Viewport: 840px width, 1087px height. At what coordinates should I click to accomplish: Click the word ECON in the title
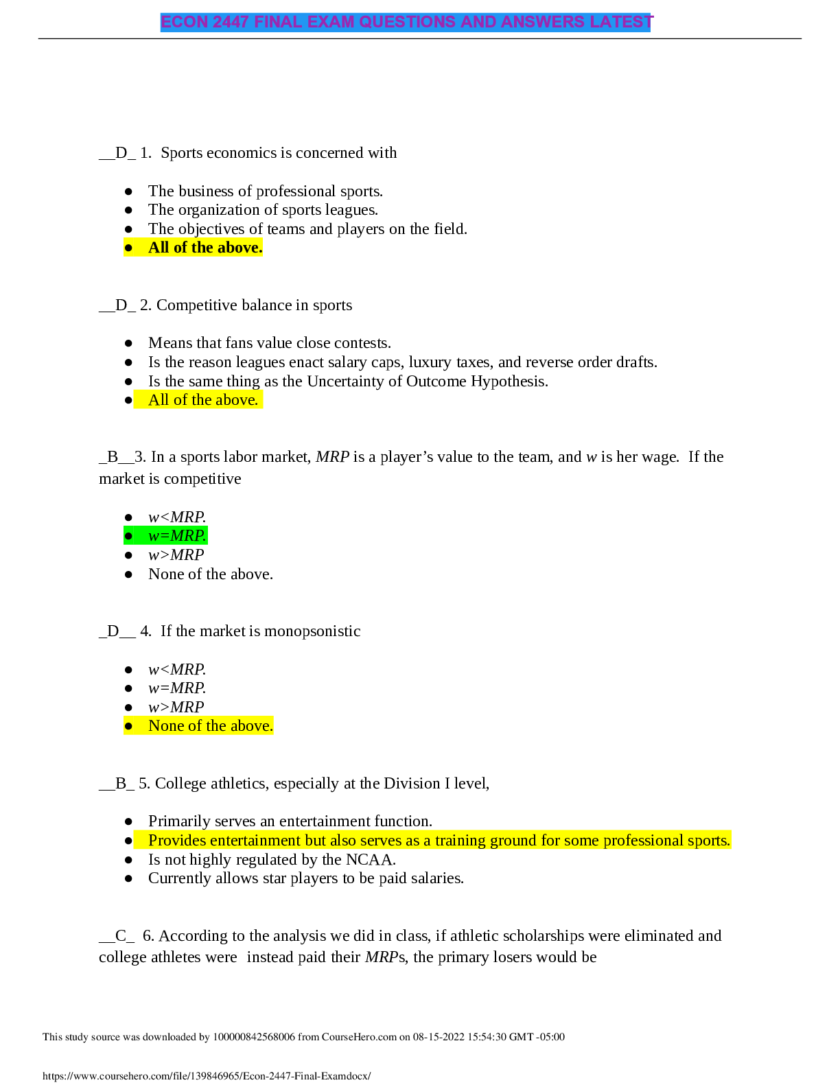[184, 22]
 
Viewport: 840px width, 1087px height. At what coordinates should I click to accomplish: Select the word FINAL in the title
[278, 22]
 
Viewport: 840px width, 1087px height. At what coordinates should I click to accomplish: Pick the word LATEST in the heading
[621, 22]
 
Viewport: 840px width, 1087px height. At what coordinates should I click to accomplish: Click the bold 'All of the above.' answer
[205, 248]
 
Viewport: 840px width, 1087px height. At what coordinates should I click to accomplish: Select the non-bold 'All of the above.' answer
[203, 400]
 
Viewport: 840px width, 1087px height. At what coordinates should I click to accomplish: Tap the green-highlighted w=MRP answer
[177, 536]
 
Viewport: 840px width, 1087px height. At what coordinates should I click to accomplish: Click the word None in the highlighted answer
[165, 726]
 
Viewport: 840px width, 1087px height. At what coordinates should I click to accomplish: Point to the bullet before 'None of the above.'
[128, 726]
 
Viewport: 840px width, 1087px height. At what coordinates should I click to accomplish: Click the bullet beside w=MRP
[128, 536]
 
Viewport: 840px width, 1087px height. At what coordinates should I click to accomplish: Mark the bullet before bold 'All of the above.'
[128, 248]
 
